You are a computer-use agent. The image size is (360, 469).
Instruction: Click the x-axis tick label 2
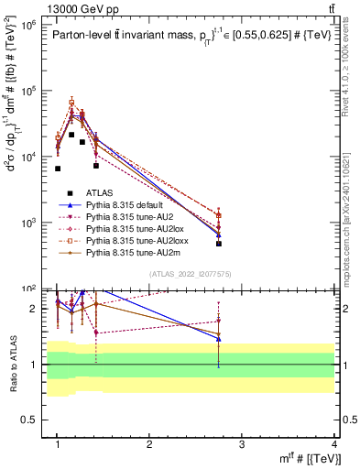click(149, 444)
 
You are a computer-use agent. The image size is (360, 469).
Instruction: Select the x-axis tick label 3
click(242, 444)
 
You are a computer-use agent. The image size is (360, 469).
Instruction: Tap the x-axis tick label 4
click(334, 444)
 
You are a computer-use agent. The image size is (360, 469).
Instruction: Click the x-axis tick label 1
click(57, 444)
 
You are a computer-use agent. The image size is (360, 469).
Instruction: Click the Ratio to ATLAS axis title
click(12, 364)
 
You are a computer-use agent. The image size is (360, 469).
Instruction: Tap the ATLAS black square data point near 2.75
click(219, 244)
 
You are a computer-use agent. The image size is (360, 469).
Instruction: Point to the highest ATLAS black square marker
click(71, 135)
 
